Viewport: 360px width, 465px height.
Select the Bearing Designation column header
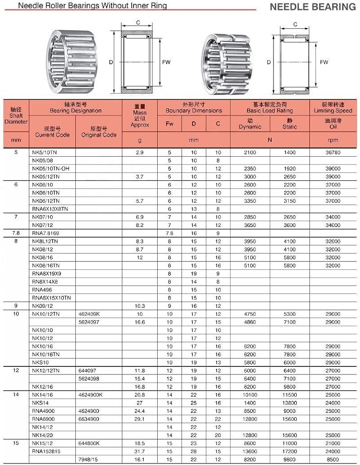(x=75, y=108)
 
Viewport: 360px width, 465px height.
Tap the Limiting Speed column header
(x=333, y=108)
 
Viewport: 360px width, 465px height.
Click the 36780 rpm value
(x=333, y=153)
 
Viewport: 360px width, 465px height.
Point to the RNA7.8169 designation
(x=45, y=232)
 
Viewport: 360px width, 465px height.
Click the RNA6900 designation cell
(x=42, y=419)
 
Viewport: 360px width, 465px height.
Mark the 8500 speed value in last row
(x=333, y=459)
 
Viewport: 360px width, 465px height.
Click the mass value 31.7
(x=140, y=451)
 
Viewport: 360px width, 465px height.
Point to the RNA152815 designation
(x=46, y=451)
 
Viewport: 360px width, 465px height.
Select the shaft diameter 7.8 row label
(x=16, y=232)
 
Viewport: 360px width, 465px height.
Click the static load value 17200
(x=289, y=451)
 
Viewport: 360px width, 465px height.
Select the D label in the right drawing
(x=269, y=62)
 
